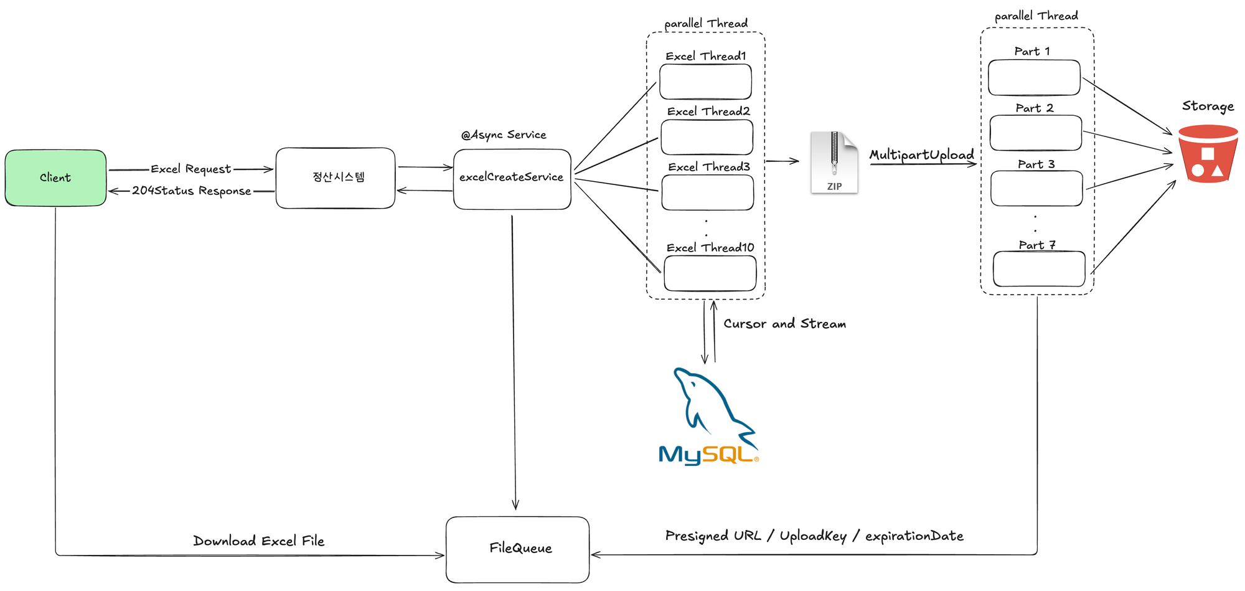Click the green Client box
pyautogui.click(x=55, y=178)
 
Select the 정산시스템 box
pyautogui.click(x=336, y=178)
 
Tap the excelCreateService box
pyautogui.click(x=512, y=179)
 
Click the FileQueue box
pyautogui.click(x=517, y=549)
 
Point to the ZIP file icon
pyautogui.click(x=834, y=163)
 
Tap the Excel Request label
pyautogui.click(x=190, y=169)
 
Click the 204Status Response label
pyautogui.click(x=191, y=191)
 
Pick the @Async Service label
pyautogui.click(x=504, y=135)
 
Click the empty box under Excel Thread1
pyautogui.click(x=705, y=82)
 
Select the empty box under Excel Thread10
pyautogui.click(x=710, y=273)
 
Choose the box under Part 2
pyautogui.click(x=1035, y=133)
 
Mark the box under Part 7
pyautogui.click(x=1039, y=269)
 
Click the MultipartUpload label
pyautogui.click(x=921, y=154)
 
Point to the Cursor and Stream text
pyautogui.click(x=784, y=324)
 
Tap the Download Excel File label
pyautogui.click(x=258, y=541)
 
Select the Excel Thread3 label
pyautogui.click(x=709, y=167)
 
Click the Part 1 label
pyautogui.click(x=1032, y=51)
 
